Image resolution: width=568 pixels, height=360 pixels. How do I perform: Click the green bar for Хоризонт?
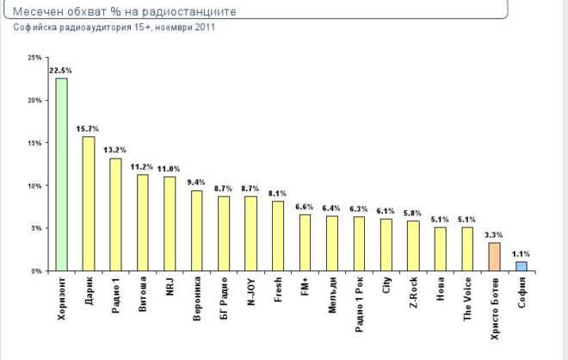click(62, 175)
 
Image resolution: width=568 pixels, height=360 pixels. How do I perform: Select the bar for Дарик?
click(89, 204)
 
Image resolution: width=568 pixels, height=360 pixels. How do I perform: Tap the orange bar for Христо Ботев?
click(493, 257)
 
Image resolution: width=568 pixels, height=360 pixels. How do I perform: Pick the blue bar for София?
click(521, 266)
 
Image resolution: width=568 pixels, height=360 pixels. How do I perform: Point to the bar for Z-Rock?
click(413, 246)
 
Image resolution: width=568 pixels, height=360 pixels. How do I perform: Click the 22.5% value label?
click(60, 71)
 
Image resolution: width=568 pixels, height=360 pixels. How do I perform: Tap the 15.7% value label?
click(88, 128)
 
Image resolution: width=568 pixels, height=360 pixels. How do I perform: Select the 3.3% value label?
click(494, 234)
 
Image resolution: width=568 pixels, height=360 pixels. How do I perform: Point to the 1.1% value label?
click(521, 253)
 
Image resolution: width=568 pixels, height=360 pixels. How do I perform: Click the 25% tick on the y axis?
click(35, 58)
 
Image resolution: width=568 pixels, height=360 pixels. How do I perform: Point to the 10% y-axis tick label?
click(35, 186)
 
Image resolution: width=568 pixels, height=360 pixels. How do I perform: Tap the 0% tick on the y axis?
click(37, 271)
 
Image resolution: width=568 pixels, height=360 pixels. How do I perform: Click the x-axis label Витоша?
click(143, 295)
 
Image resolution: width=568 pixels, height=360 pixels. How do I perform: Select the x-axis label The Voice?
click(467, 298)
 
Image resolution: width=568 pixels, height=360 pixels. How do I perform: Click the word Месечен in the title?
click(40, 12)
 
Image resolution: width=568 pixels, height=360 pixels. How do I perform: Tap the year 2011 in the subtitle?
click(203, 28)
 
